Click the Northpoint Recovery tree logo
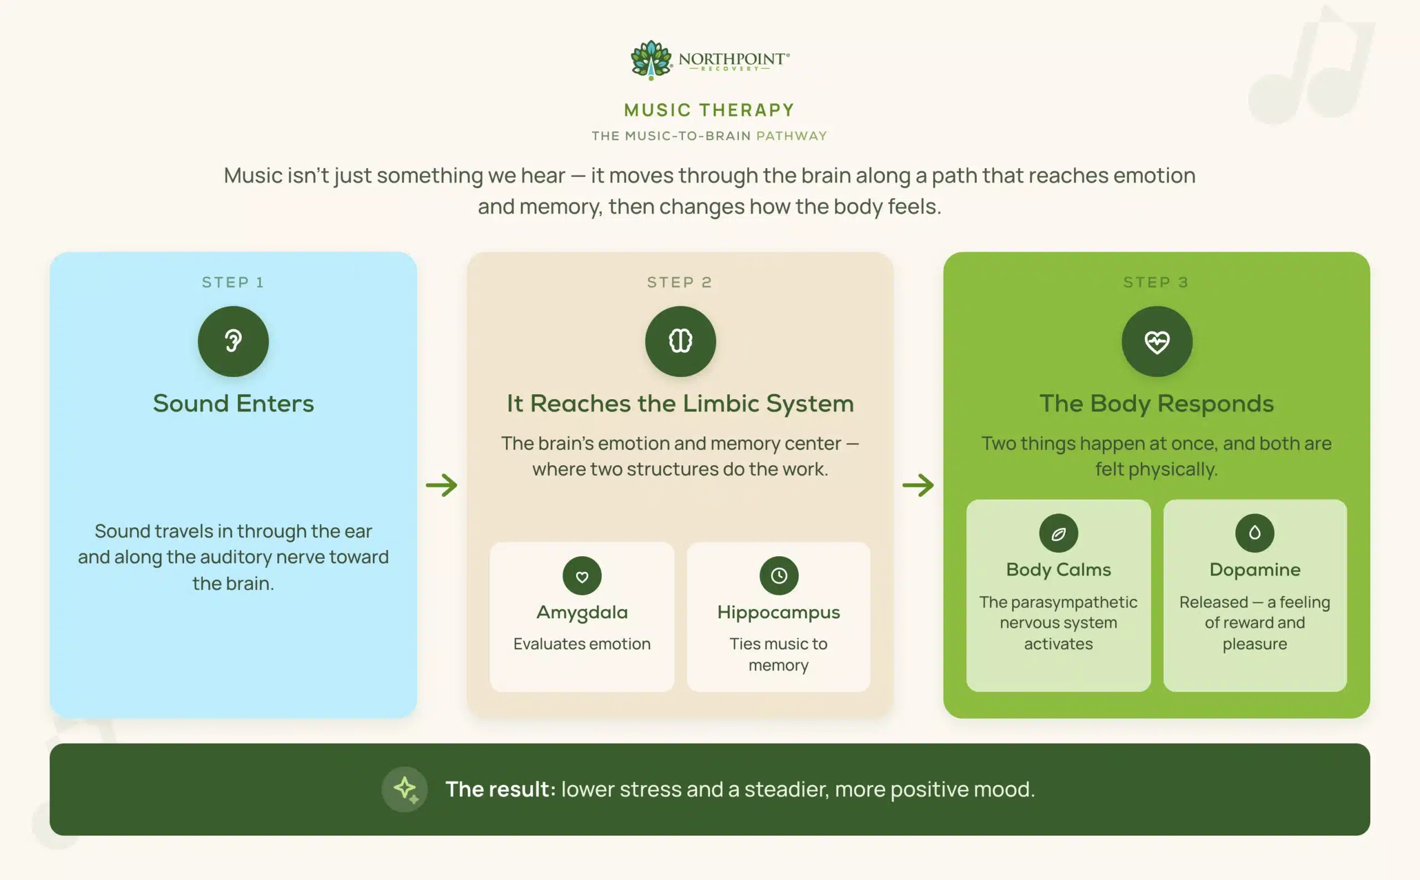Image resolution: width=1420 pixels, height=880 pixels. coord(651,59)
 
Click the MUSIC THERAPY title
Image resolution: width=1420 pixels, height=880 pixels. coord(709,110)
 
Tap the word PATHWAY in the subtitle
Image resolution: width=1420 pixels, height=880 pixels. coord(791,136)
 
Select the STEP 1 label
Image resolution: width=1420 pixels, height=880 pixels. coord(233,282)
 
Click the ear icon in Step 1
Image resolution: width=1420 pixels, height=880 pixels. coord(233,341)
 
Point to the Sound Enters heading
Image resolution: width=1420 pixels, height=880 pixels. coord(233,403)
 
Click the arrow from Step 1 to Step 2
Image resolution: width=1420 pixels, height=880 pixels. coord(442,485)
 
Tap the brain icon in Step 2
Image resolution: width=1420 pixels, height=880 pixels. coord(680,341)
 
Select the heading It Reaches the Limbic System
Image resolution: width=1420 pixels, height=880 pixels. coord(680,403)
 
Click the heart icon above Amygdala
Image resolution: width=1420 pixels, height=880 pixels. coord(582,576)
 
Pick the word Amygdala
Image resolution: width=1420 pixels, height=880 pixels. coord(582,613)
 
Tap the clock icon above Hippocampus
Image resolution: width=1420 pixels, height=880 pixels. coord(778,576)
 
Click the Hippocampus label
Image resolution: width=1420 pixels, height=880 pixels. coord(778,613)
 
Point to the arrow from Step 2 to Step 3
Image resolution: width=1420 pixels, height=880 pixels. coord(918,485)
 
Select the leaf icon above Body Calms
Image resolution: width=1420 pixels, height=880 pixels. coord(1058,533)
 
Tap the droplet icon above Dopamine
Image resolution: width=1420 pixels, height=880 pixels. coord(1255,533)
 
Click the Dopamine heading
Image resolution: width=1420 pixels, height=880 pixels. coord(1255,569)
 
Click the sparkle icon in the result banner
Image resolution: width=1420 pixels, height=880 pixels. coord(404,789)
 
